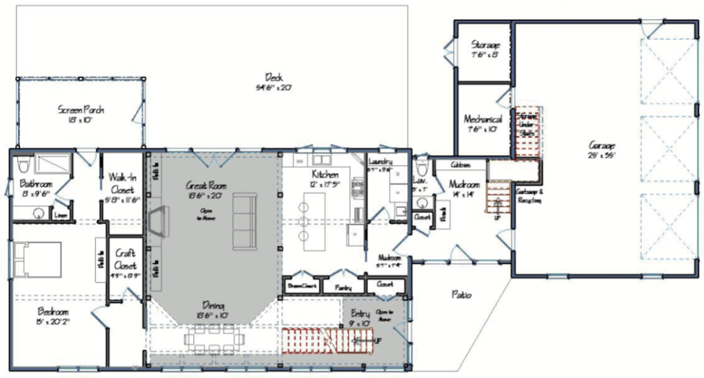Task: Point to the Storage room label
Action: pos(485,45)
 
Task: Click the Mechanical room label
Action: pos(483,118)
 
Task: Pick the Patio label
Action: pos(461,295)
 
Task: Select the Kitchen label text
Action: pos(324,174)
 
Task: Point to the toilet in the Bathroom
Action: pos(23,165)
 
